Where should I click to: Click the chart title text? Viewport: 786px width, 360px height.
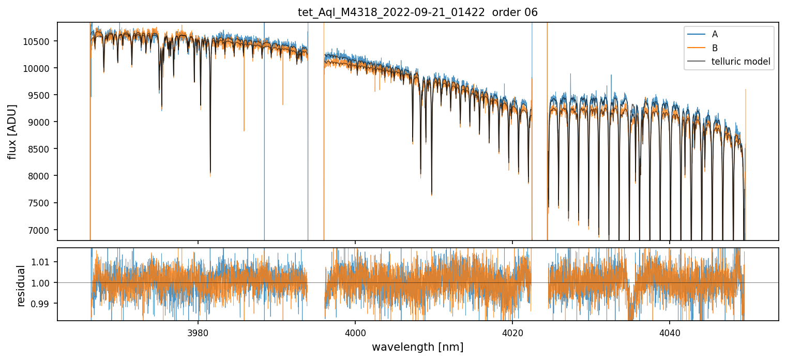417,12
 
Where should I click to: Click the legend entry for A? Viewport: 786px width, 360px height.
715,34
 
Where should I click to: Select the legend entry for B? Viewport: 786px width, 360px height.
715,48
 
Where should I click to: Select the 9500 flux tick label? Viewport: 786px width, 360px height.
39,95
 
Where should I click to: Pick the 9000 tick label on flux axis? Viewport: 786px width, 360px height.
39,122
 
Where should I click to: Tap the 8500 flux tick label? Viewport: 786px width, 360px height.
39,149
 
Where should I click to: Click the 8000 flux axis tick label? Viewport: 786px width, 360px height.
39,176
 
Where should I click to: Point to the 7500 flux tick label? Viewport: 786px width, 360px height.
39,203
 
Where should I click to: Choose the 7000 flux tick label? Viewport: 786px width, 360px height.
39,230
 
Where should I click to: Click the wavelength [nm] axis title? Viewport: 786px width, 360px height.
417,347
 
